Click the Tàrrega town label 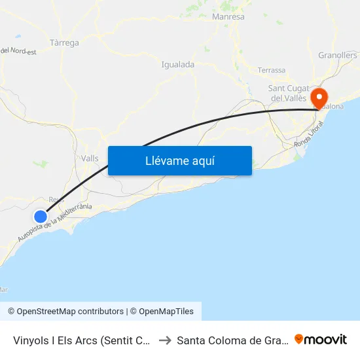pos(64,43)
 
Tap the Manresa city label pos(228,16)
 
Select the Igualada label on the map pos(177,65)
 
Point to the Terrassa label pos(272,70)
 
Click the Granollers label pos(337,56)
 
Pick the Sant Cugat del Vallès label pos(288,93)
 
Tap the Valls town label pos(90,158)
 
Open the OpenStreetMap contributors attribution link pos(65,312)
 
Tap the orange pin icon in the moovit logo pos(299,339)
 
